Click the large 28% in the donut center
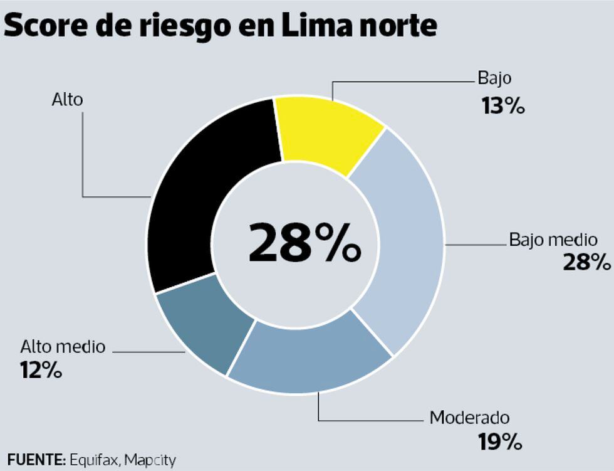pyautogui.click(x=304, y=243)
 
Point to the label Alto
pyautogui.click(x=67, y=99)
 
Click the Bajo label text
pyautogui.click(x=494, y=78)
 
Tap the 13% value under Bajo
pyautogui.click(x=503, y=106)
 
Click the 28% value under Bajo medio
pyautogui.click(x=586, y=262)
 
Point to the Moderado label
pyautogui.click(x=469, y=418)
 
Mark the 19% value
pyautogui.click(x=499, y=443)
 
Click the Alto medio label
pyautogui.click(x=63, y=346)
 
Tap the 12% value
pyautogui.click(x=41, y=370)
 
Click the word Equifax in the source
pyautogui.click(x=93, y=460)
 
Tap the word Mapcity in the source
pyautogui.click(x=150, y=460)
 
